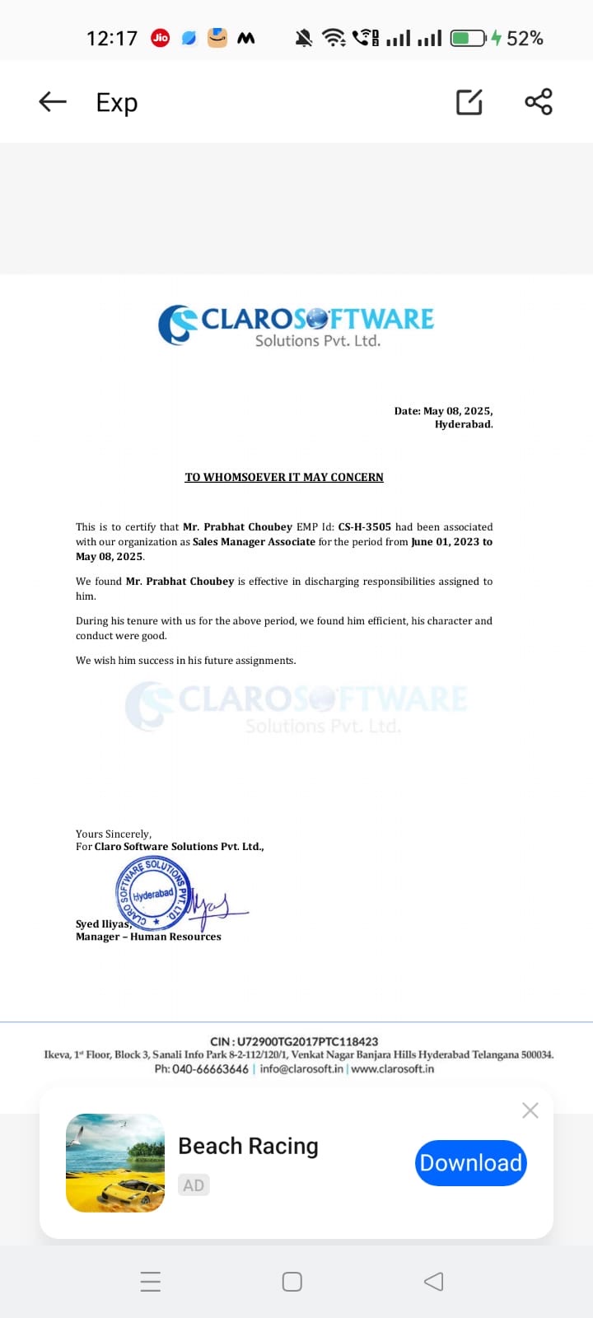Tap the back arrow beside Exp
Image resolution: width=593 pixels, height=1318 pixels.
point(53,101)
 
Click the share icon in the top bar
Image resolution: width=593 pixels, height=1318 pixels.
point(539,101)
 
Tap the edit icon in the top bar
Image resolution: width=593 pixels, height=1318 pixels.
point(469,101)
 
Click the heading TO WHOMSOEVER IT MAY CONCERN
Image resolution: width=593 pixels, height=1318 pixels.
point(284,477)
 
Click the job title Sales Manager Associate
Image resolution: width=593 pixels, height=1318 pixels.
point(254,541)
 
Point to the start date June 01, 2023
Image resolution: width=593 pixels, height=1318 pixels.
point(444,541)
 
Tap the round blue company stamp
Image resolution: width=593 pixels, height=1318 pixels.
point(153,892)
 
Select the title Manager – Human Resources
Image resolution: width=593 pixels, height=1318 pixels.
point(148,937)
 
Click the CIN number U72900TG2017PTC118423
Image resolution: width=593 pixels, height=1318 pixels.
point(307,1041)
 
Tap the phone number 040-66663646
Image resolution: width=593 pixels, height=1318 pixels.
point(210,1068)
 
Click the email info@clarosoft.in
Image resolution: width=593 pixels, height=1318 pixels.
point(301,1068)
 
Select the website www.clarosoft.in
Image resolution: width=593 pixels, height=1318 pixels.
point(393,1068)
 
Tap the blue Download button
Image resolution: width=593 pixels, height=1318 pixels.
point(470,1162)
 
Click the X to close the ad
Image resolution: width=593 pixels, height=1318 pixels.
point(530,1110)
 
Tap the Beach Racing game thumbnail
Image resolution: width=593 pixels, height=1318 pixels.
point(115,1162)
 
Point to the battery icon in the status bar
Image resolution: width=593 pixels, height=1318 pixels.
point(468,38)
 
